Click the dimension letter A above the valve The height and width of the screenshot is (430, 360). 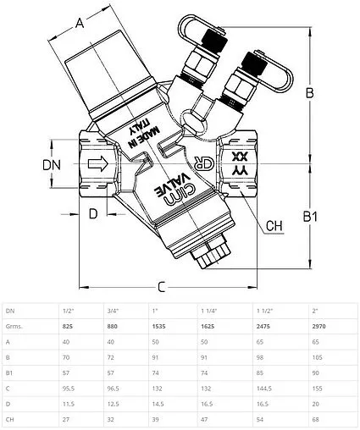[80, 23]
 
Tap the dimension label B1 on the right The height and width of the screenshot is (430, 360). [310, 217]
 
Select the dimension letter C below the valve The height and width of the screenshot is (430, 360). [161, 287]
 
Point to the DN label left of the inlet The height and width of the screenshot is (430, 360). [52, 165]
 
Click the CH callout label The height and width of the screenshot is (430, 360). [274, 226]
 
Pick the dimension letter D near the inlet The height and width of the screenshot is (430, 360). [93, 213]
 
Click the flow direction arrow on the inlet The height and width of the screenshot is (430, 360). [98, 163]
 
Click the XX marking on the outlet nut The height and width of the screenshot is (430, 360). [239, 156]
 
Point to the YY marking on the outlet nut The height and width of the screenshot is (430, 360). [239, 171]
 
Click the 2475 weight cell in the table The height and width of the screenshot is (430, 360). [263, 327]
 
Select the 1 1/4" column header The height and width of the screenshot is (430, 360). [209, 311]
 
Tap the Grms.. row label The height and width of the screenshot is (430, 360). [14, 327]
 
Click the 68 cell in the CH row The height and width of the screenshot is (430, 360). [316, 420]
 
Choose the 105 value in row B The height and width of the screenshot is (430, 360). [317, 357]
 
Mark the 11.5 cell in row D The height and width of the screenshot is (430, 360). [69, 404]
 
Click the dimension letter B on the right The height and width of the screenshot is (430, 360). [310, 92]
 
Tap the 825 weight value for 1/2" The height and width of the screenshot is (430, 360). [68, 327]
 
